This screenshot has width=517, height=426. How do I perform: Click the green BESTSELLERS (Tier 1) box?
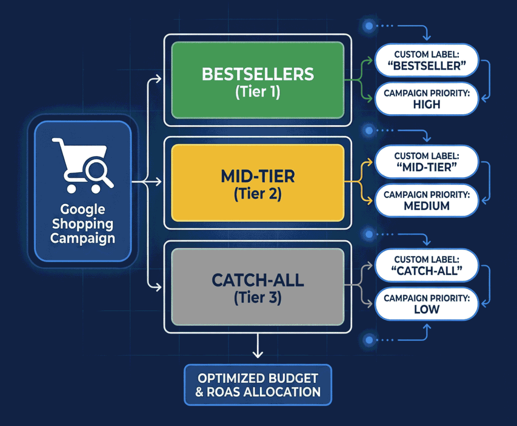pyautogui.click(x=258, y=80)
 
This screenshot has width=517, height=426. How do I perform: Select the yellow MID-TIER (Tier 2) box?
pyautogui.click(x=258, y=183)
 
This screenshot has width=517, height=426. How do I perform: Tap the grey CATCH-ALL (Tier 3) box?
pyautogui.click(x=258, y=287)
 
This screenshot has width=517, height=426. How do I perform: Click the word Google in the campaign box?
pyautogui.click(x=82, y=210)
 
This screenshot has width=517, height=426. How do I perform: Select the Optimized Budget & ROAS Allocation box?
pyautogui.click(x=258, y=385)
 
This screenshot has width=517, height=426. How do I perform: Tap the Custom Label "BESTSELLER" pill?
pyautogui.click(x=426, y=60)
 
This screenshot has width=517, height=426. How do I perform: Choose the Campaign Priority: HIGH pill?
pyautogui.click(x=426, y=98)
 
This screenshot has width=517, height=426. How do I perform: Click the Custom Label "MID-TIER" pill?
pyautogui.click(x=426, y=161)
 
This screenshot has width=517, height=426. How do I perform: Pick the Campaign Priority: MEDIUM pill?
pyautogui.click(x=426, y=200)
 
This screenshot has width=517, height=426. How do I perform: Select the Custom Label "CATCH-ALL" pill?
pyautogui.click(x=426, y=265)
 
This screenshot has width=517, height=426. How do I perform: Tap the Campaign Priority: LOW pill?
pyautogui.click(x=426, y=303)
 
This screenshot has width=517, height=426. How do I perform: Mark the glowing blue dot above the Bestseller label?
pyautogui.click(x=369, y=26)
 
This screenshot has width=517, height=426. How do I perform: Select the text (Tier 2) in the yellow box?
pyautogui.click(x=258, y=195)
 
